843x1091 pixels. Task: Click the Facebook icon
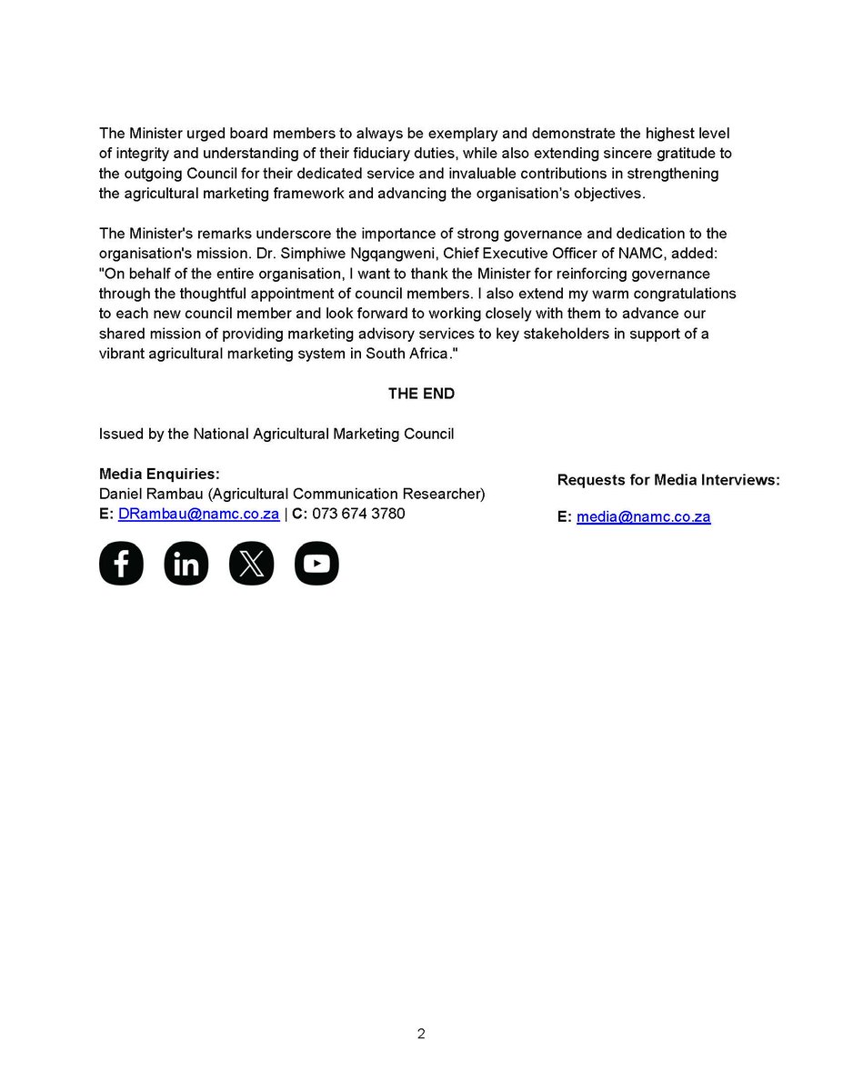tap(121, 564)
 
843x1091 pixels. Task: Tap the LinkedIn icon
tap(186, 564)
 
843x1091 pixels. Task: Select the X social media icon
tap(251, 564)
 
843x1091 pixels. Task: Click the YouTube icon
tap(316, 564)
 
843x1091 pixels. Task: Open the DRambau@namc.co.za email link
tap(198, 514)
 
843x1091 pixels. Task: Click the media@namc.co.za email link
tap(643, 517)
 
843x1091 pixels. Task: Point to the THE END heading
tap(421, 394)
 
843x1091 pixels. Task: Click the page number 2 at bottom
tap(421, 1034)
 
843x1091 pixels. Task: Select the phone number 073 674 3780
tap(358, 514)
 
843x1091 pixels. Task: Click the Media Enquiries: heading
tap(159, 475)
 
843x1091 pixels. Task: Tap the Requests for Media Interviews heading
tap(668, 480)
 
